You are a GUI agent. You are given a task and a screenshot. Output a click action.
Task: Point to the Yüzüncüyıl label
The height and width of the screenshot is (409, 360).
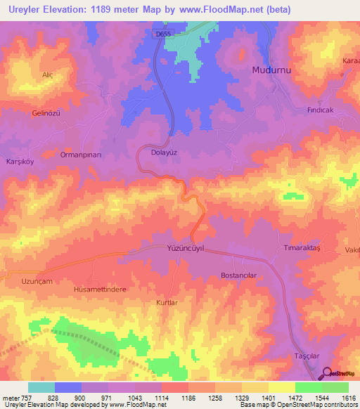[x=186, y=248]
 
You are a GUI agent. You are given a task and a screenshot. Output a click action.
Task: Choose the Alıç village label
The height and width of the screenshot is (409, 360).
[x=48, y=74]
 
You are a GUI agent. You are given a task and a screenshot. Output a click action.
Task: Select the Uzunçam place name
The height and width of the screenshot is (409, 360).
[x=36, y=280]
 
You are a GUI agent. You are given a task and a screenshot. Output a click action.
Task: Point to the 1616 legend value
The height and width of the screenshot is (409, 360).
[x=349, y=398]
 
